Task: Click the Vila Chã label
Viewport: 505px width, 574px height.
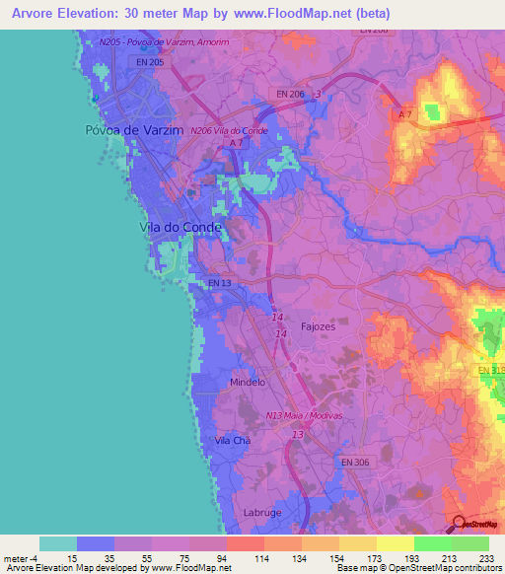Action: (x=233, y=441)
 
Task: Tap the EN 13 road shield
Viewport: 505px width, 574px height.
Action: (x=220, y=283)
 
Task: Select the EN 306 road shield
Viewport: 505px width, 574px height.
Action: (x=355, y=461)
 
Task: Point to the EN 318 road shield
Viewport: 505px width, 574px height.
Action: (x=490, y=370)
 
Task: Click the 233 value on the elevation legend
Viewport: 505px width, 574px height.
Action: (x=485, y=557)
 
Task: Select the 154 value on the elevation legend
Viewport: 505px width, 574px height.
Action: (x=320, y=557)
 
